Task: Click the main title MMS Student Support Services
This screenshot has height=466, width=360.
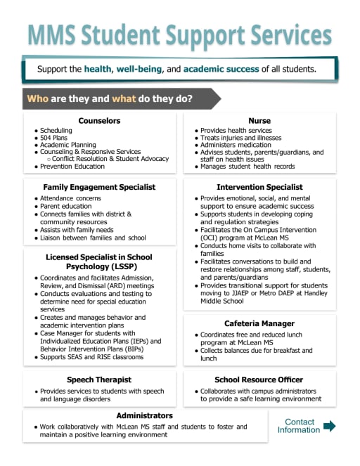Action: click(180, 33)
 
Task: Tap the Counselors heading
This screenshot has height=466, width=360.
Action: click(99, 121)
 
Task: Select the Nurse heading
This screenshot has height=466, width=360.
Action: click(259, 121)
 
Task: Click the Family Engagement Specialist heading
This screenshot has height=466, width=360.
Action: click(99, 187)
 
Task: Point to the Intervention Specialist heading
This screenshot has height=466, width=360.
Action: click(259, 187)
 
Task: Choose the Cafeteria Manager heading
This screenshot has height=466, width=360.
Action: click(259, 323)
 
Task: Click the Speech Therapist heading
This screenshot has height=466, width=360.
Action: click(99, 380)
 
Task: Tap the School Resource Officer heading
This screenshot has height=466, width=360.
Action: click(259, 380)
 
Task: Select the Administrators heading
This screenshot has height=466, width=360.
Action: click(144, 415)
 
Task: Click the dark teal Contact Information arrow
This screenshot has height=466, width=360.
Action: click(329, 426)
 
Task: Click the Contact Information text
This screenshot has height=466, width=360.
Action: click(299, 426)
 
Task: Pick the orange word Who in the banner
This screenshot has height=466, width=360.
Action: click(37, 98)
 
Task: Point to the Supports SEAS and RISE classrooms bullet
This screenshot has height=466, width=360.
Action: click(91, 357)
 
